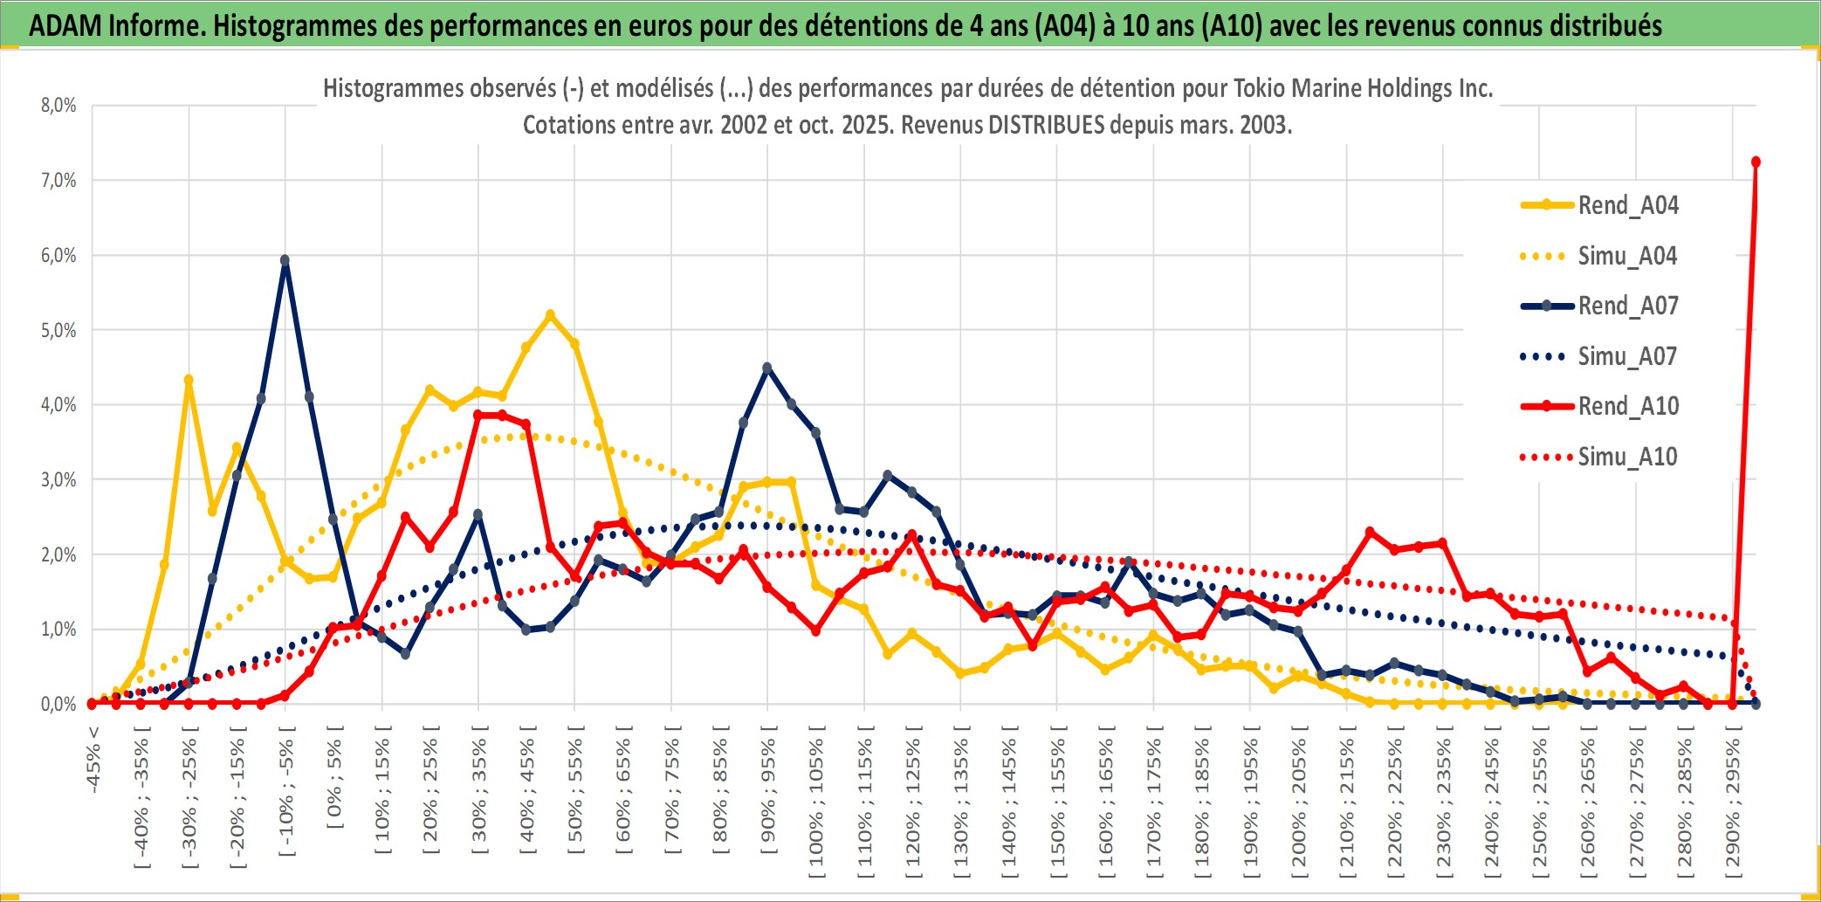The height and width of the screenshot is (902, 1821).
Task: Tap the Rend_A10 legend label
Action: pos(1628,406)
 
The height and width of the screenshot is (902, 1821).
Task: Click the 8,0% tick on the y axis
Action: pos(58,106)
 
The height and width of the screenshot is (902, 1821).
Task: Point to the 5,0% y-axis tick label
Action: pos(58,331)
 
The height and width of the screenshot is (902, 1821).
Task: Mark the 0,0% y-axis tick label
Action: pos(58,704)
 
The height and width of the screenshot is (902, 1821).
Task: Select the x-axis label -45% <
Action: pos(93,760)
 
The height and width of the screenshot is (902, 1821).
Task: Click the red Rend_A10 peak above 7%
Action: pos(1756,162)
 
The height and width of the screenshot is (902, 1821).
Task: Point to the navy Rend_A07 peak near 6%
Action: pos(285,260)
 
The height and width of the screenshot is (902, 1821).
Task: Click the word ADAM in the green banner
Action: pos(65,25)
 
